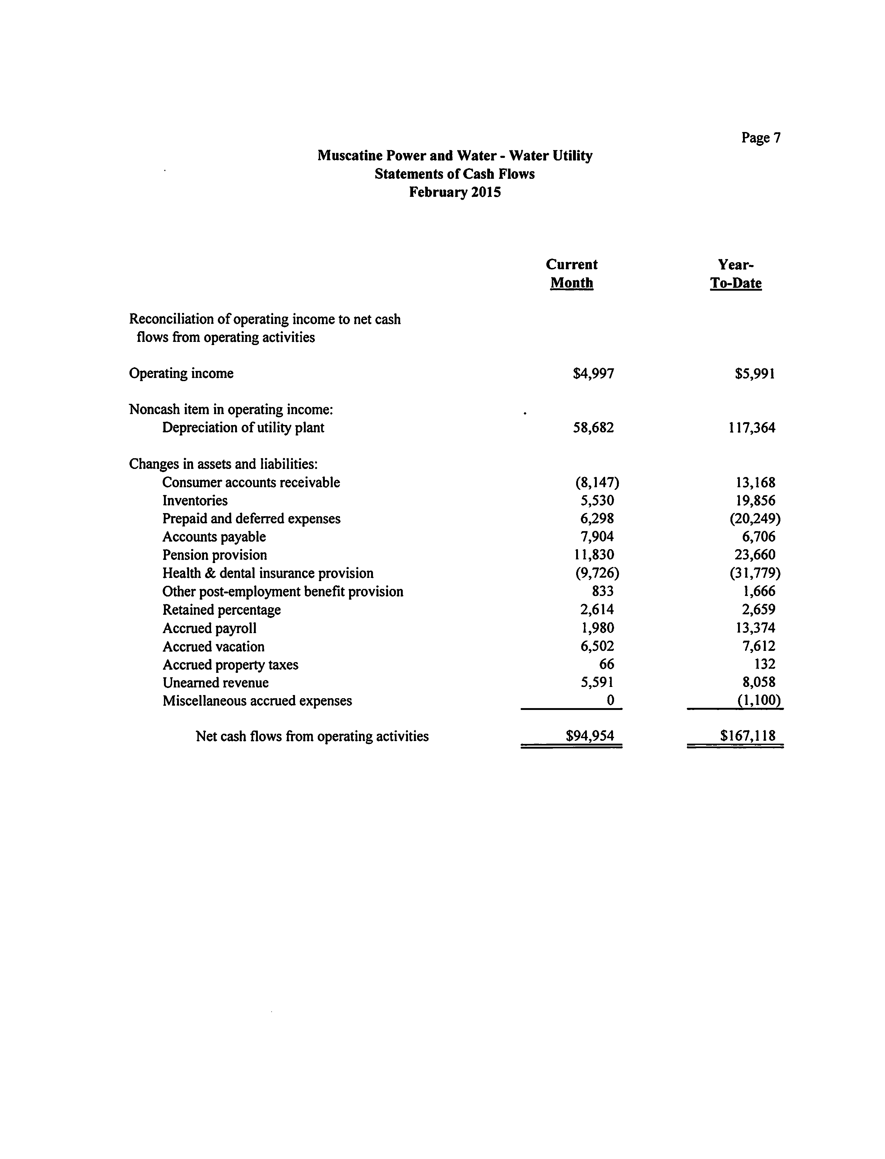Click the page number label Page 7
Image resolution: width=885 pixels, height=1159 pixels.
(761, 138)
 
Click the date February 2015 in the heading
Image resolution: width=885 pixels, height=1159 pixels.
(455, 192)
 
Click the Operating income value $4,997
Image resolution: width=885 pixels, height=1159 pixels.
(593, 374)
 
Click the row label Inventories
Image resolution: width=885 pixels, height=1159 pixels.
(195, 501)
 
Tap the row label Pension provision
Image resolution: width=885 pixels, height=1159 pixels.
(214, 555)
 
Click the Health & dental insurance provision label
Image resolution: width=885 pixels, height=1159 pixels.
(268, 573)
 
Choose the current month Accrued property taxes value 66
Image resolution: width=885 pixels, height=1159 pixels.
(606, 664)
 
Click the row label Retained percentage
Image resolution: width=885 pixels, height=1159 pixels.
(221, 610)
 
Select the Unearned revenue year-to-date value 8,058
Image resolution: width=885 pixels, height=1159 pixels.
(759, 682)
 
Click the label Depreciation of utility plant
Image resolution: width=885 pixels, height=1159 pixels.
(243, 428)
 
